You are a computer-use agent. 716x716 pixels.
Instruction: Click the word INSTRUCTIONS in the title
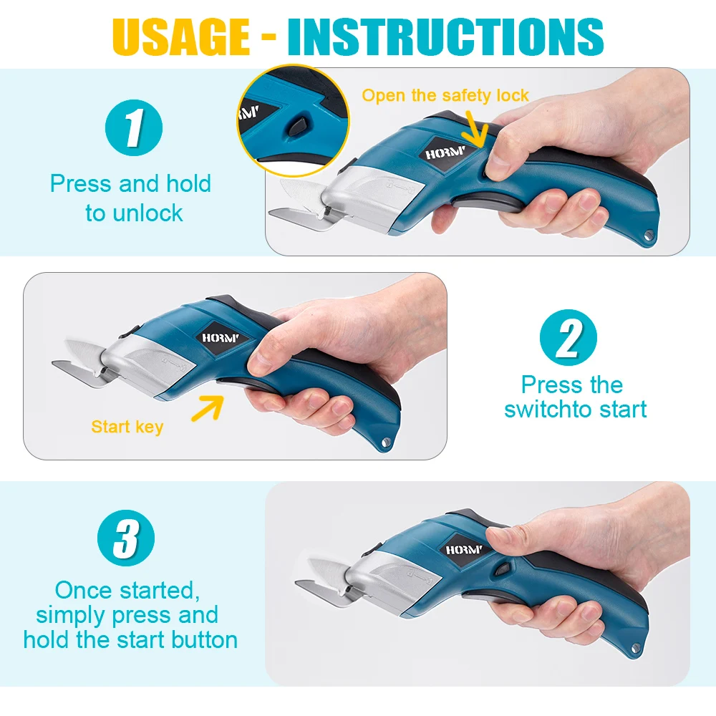(x=445, y=36)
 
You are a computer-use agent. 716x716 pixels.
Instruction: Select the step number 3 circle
(x=125, y=538)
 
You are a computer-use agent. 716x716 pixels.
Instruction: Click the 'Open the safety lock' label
(x=445, y=95)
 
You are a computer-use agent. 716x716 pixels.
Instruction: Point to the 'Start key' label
(x=127, y=427)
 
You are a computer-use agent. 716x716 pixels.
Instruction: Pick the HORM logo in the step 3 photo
(x=464, y=549)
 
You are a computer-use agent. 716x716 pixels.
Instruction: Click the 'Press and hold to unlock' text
(x=131, y=198)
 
